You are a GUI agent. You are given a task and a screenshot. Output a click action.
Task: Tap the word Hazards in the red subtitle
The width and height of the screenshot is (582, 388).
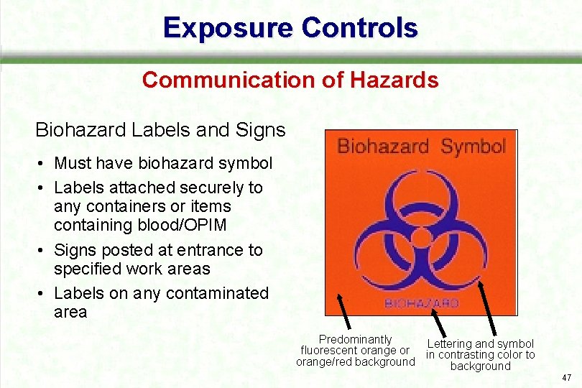pyautogui.click(x=394, y=80)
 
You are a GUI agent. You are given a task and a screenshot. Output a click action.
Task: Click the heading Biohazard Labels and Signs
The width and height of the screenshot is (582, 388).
pyautogui.click(x=160, y=130)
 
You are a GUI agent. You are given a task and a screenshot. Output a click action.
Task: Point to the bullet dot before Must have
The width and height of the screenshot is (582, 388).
pyautogui.click(x=43, y=164)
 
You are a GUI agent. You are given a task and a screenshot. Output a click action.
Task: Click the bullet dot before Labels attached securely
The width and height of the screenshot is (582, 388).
pyautogui.click(x=43, y=188)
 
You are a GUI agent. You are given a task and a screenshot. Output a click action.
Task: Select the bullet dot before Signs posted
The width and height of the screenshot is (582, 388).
pyautogui.click(x=43, y=251)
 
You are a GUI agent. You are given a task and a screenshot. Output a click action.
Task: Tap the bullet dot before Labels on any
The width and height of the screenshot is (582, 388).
pyautogui.click(x=43, y=294)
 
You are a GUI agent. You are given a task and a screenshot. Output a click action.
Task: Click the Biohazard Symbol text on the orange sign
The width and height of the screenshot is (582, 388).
pyautogui.click(x=421, y=147)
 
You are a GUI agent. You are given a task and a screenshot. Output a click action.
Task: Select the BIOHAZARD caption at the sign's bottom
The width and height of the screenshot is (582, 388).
pyautogui.click(x=422, y=303)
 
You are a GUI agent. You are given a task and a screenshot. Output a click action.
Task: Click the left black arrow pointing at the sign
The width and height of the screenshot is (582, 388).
pyautogui.click(x=343, y=314)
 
